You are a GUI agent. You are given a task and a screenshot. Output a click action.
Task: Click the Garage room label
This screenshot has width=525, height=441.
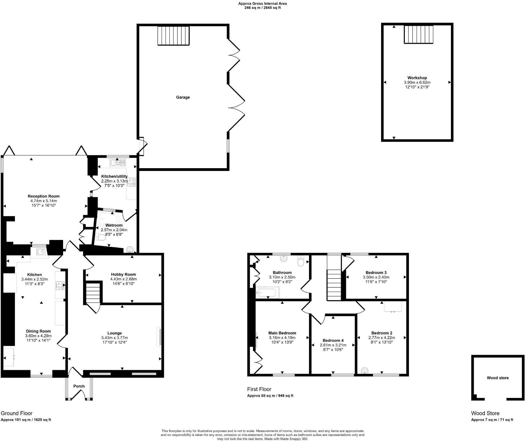click(x=183, y=97)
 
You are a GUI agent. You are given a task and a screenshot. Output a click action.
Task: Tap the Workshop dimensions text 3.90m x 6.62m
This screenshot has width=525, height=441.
click(x=417, y=82)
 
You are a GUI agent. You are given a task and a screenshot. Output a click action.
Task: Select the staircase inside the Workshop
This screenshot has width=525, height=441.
click(x=419, y=35)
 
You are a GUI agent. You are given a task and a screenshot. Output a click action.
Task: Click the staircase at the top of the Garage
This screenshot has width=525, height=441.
click(x=173, y=36)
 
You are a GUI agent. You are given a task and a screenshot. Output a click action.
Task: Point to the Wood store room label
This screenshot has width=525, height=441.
click(x=498, y=378)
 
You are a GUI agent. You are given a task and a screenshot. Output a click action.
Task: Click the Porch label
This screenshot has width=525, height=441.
click(x=79, y=386)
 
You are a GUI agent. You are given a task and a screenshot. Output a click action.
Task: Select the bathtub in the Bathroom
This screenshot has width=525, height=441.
click(x=268, y=292)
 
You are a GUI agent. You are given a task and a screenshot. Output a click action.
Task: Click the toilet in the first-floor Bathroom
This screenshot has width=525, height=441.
click(x=301, y=261)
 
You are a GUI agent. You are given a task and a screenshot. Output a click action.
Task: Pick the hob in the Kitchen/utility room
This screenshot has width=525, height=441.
click(x=132, y=182)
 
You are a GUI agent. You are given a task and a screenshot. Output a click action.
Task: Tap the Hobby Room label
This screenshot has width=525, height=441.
click(x=123, y=274)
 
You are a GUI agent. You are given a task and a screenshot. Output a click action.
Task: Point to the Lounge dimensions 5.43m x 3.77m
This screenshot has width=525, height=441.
click(x=115, y=338)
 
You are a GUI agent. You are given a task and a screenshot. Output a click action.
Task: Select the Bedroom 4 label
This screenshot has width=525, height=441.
click(x=333, y=340)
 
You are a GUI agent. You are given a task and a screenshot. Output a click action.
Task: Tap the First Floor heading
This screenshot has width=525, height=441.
click(x=259, y=389)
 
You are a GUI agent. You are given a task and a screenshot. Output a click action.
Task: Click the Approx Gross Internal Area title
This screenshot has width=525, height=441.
click(x=262, y=4)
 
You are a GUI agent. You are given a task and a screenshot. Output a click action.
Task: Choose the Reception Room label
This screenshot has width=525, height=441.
click(x=44, y=196)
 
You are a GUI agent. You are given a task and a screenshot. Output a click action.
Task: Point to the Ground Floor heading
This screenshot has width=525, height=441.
click(x=17, y=413)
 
